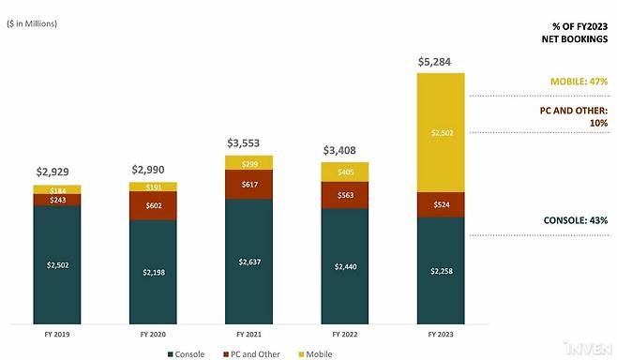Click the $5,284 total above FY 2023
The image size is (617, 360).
pyautogui.click(x=434, y=62)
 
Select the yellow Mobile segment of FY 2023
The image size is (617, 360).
pyautogui.click(x=441, y=132)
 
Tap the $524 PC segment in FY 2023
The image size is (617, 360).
pyautogui.click(x=441, y=204)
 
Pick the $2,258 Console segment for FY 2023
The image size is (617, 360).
pyautogui.click(x=441, y=271)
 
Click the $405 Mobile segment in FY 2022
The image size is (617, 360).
pyautogui.click(x=345, y=172)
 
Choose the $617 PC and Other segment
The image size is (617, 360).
pyautogui.click(x=249, y=185)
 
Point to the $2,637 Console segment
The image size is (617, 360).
pyautogui.click(x=249, y=262)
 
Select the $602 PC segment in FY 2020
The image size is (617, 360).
pyautogui.click(x=153, y=205)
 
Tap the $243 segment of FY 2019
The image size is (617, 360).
pyautogui.click(x=57, y=200)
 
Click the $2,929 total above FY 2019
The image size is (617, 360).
pyautogui.click(x=53, y=172)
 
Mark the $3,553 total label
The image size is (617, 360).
pyautogui.click(x=243, y=143)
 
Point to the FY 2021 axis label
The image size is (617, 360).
pyautogui.click(x=248, y=335)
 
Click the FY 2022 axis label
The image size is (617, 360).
pyautogui.click(x=345, y=335)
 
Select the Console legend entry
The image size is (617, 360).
pyautogui.click(x=186, y=354)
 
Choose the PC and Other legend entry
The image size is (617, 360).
pyautogui.click(x=251, y=354)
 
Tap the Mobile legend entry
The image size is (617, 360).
pyautogui.click(x=316, y=354)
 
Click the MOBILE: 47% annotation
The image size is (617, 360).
pyautogui.click(x=579, y=82)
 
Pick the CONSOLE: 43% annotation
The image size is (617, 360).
pyautogui.click(x=576, y=220)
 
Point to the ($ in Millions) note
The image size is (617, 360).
pyautogui.click(x=32, y=23)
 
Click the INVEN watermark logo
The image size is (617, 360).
pyautogui.click(x=588, y=348)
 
